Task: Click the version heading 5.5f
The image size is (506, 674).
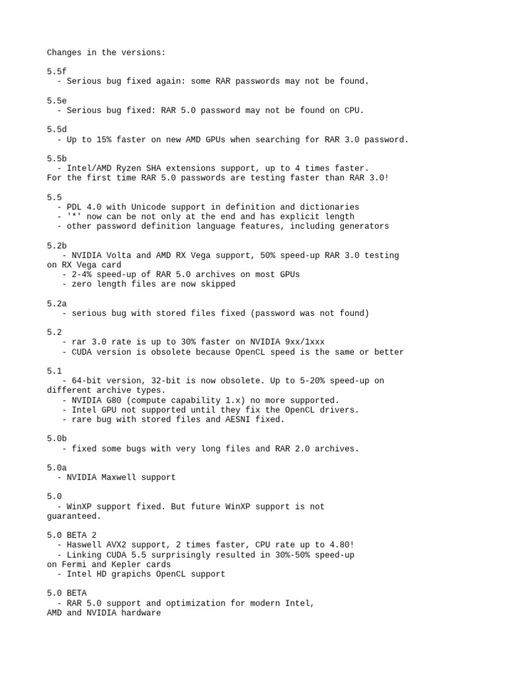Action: click(57, 71)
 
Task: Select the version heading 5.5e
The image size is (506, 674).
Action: click(57, 101)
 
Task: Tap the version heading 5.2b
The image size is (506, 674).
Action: click(57, 246)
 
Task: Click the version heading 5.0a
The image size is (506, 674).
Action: click(57, 467)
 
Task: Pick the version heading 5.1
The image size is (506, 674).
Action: click(54, 371)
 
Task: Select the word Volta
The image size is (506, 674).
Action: click(121, 255)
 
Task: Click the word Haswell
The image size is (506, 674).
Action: click(84, 545)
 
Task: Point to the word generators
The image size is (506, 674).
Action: click(364, 226)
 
